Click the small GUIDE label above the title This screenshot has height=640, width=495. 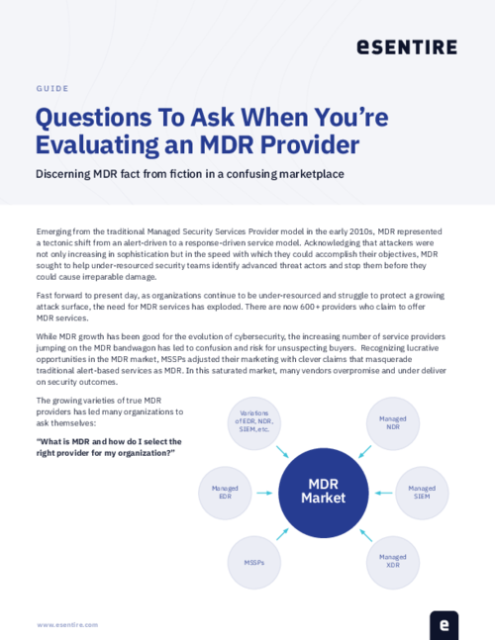(51, 88)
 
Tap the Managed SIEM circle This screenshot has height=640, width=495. (423, 492)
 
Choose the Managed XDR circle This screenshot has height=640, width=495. (392, 560)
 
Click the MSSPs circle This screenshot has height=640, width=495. (254, 561)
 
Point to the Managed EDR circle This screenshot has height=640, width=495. (227, 492)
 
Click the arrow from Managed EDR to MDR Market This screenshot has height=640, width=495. (265, 492)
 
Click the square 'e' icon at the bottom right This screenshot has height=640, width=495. (445, 624)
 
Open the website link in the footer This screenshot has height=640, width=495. (67, 625)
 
